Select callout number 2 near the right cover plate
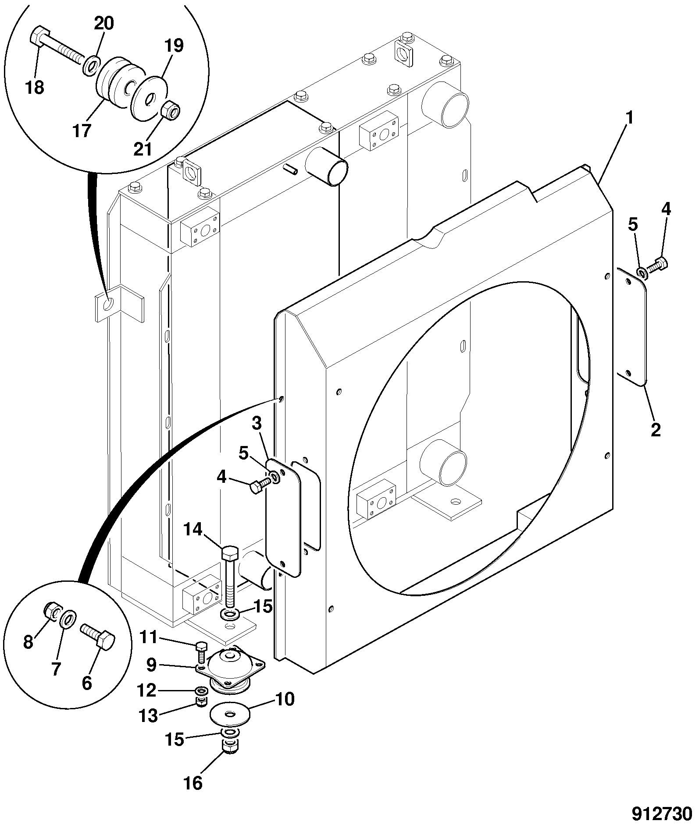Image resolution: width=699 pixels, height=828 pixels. tap(655, 429)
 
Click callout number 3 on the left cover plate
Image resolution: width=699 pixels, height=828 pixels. tap(257, 424)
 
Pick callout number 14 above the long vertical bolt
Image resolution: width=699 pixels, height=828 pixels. tap(193, 530)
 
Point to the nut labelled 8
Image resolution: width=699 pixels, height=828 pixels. tap(52, 611)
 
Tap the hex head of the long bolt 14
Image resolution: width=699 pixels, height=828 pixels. tap(230, 554)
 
